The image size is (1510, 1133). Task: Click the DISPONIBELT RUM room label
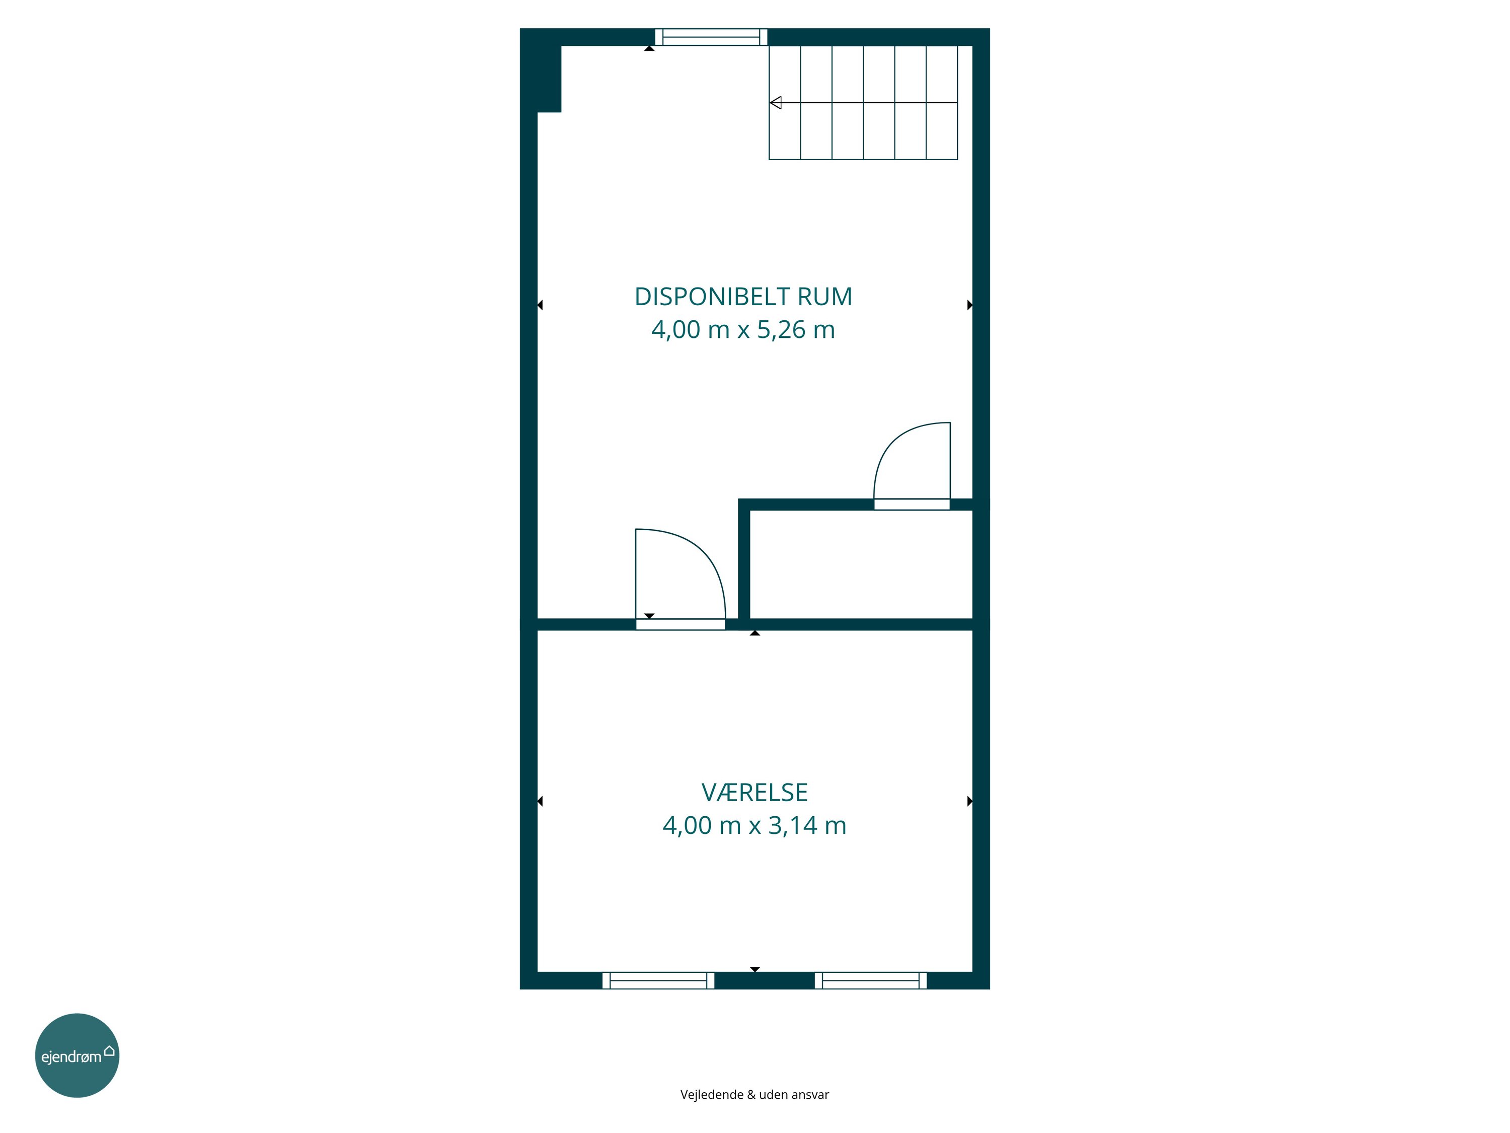[743, 297]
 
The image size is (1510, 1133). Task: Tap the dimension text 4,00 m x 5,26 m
[743, 330]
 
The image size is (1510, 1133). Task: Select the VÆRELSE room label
[754, 792]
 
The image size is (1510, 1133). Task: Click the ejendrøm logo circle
[77, 1055]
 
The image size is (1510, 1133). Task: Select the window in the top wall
[711, 37]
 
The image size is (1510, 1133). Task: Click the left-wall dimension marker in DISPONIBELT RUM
[540, 305]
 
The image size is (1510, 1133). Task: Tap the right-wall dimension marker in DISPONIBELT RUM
[969, 305]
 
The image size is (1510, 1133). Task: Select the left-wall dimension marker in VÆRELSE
[540, 801]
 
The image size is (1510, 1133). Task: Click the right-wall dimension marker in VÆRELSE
[969, 801]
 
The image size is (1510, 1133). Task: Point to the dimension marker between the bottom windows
[754, 969]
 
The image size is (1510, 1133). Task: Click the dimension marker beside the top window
[649, 48]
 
